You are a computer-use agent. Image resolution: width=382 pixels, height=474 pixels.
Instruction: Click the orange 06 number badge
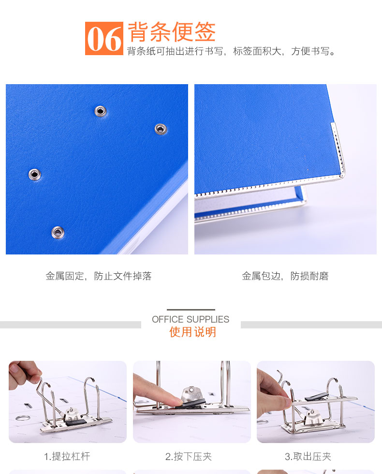tap(104, 38)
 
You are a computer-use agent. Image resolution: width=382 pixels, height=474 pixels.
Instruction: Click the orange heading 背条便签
tap(172, 32)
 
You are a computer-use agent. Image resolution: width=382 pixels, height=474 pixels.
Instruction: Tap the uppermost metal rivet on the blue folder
tap(101, 111)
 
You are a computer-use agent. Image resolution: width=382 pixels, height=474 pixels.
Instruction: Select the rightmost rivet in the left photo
tap(161, 129)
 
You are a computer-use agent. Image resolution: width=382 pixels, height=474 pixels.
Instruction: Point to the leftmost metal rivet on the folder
tap(34, 175)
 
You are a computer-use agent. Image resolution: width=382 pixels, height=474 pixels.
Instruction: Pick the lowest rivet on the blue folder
tap(58, 232)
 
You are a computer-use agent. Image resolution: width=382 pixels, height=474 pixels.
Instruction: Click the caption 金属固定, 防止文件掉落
tap(99, 276)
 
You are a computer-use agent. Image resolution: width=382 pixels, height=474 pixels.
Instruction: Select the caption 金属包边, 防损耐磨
tap(285, 276)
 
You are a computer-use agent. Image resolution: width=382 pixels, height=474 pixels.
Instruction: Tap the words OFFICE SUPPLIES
tap(191, 319)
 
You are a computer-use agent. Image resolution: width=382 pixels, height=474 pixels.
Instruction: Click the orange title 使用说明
tap(192, 332)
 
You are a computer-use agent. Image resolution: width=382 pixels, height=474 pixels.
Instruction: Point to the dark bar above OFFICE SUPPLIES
tap(191, 310)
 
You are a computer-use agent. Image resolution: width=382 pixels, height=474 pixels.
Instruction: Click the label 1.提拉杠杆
tap(67, 456)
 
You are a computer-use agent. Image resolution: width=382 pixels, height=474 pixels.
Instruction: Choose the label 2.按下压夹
tap(189, 456)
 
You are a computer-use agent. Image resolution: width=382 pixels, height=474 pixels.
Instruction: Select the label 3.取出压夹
tap(308, 456)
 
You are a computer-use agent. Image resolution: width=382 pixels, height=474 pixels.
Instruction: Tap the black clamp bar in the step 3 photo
tap(316, 397)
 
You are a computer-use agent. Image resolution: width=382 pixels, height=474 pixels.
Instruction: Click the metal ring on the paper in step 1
tap(22, 418)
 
